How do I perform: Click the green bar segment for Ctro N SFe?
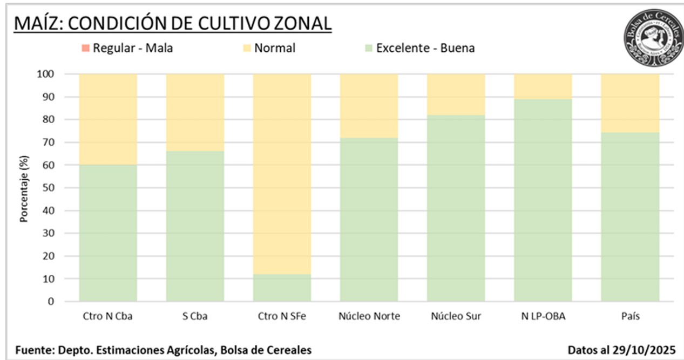[282, 288]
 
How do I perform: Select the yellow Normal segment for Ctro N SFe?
[282, 173]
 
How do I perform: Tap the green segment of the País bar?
[630, 224]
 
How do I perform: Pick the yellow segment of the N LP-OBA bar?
[543, 86]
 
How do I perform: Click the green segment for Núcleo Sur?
[456, 208]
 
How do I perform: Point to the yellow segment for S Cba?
[195, 112]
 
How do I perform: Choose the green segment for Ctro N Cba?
[108, 232]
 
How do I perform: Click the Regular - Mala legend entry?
[132, 48]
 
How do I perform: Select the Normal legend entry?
[274, 48]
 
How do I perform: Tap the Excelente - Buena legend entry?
[425, 48]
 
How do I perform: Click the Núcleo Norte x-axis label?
[369, 316]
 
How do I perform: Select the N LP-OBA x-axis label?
[543, 316]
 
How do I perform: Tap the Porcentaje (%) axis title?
[24, 188]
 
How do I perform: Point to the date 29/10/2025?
[645, 350]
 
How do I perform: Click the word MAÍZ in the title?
[37, 24]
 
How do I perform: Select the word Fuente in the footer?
[33, 350]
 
